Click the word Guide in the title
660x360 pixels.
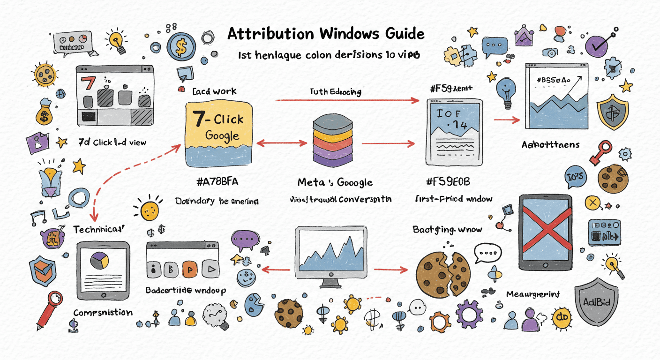398,34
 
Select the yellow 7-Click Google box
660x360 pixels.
219,135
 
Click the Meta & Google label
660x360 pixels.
335,182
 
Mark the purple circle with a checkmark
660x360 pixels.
596,46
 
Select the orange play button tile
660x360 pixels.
190,269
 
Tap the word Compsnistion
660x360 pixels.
103,313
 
